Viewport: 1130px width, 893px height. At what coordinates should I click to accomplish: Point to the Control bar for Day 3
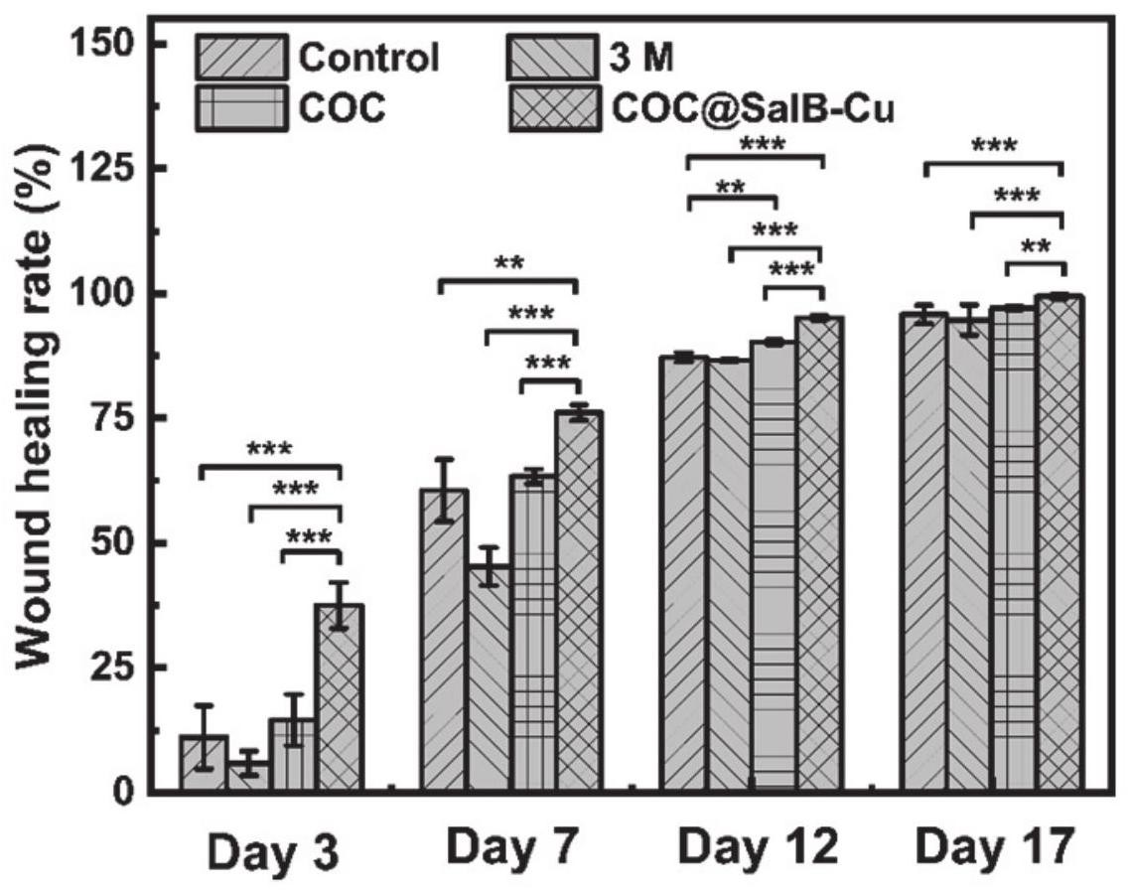click(203, 764)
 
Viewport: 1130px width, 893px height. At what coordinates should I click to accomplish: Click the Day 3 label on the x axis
click(272, 852)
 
